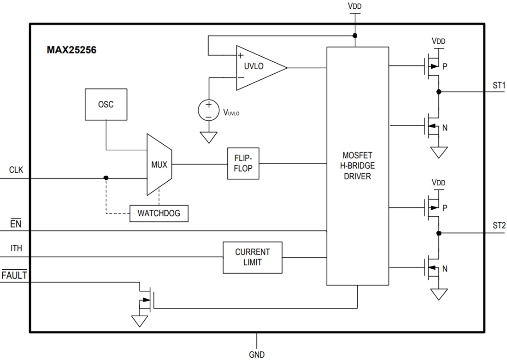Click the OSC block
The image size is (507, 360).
click(106, 105)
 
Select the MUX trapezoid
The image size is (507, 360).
click(159, 164)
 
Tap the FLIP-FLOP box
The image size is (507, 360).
click(243, 164)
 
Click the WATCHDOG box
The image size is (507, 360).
click(159, 213)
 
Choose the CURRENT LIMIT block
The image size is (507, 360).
click(252, 257)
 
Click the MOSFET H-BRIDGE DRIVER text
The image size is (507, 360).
click(357, 166)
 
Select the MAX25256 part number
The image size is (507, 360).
click(71, 50)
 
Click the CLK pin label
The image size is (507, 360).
click(16, 170)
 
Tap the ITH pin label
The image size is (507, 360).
click(16, 249)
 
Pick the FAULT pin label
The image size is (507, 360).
click(14, 276)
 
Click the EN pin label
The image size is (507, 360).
click(15, 224)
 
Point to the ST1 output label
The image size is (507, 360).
click(499, 85)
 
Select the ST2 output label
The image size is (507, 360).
click(499, 225)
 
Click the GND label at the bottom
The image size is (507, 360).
click(257, 354)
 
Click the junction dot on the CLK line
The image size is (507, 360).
click(106, 178)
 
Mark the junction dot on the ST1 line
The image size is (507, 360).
click(439, 92)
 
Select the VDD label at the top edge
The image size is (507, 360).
click(355, 7)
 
